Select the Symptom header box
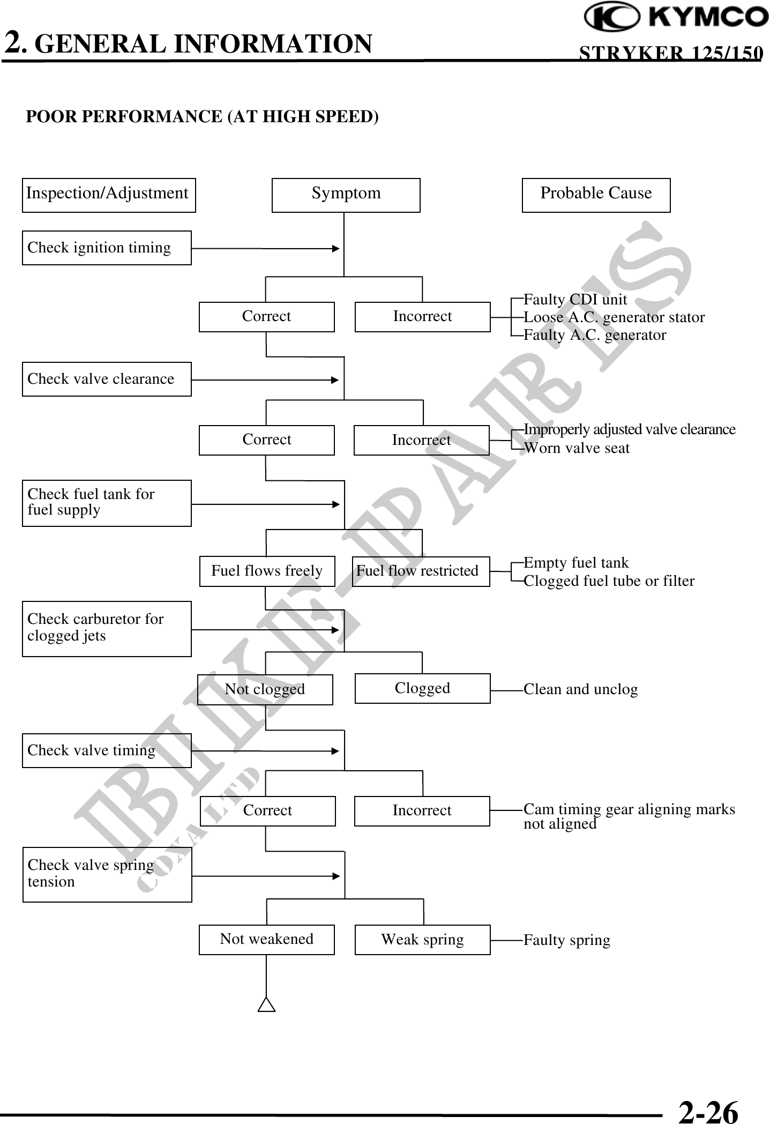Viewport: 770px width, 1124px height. [x=346, y=195]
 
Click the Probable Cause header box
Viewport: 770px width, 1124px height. [x=596, y=195]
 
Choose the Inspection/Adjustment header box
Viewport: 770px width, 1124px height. [x=109, y=195]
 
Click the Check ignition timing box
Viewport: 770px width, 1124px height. [x=107, y=248]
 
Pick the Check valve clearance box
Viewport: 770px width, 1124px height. [x=107, y=379]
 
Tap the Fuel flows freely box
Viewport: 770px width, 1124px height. [x=267, y=571]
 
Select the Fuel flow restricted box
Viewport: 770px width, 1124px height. [x=421, y=571]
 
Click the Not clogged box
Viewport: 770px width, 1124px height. [x=265, y=689]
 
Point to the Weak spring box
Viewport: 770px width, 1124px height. [x=422, y=940]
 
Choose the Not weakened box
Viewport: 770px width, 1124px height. [x=266, y=940]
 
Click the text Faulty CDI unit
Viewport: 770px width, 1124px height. [x=575, y=299]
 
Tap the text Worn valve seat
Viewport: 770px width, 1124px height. [x=577, y=448]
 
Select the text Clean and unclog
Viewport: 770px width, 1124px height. [x=580, y=689]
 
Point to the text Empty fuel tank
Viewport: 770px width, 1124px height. [x=576, y=563]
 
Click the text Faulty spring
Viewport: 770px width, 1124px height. [x=566, y=940]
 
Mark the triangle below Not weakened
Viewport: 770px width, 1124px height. [x=266, y=1005]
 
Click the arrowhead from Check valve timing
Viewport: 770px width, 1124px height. [x=335, y=751]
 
